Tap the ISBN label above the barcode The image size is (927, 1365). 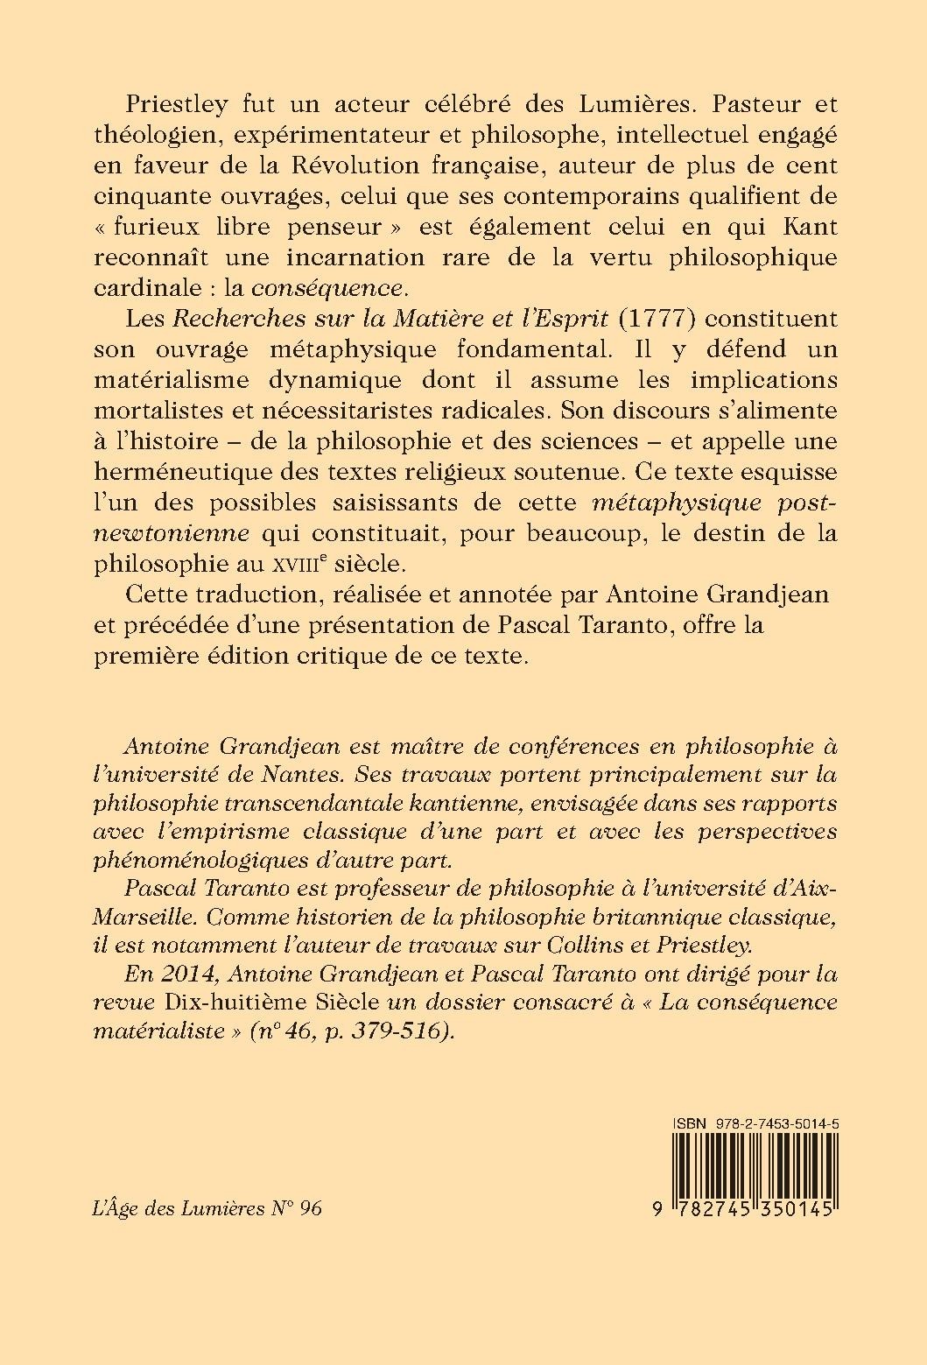click(688, 1123)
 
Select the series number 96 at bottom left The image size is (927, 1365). click(310, 1208)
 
